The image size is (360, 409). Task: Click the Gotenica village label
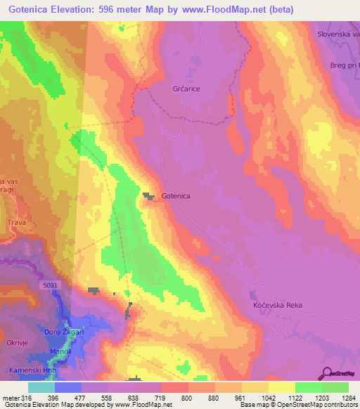coord(177,197)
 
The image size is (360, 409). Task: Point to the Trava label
coord(16,223)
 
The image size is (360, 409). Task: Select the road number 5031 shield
coord(49,285)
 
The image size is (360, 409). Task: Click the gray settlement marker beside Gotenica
coord(150,196)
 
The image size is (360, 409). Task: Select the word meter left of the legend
coord(10,397)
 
